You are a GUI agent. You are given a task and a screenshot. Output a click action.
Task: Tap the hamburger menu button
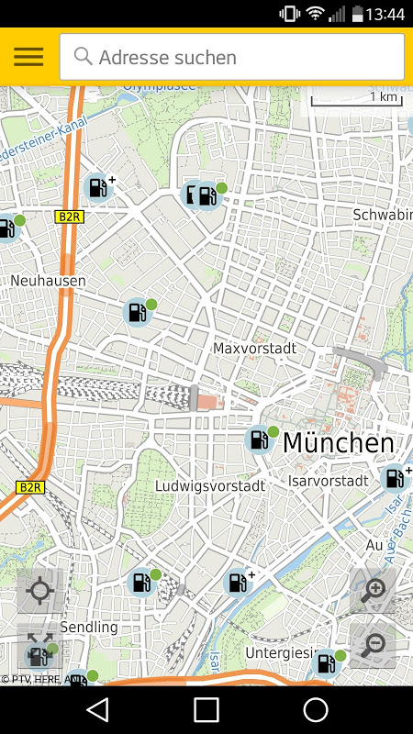point(28,57)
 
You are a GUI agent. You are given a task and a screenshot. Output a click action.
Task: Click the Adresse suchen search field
point(231,57)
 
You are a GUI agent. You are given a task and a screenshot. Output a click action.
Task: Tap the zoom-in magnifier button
point(373,591)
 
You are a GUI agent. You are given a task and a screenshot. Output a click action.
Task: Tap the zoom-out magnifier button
point(373,645)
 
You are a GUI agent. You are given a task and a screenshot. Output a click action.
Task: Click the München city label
point(338,443)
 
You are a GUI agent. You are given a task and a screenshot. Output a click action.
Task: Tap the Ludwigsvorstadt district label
point(210,484)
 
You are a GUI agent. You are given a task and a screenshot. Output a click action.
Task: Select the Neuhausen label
point(48,280)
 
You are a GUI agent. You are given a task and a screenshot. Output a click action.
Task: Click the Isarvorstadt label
point(328,480)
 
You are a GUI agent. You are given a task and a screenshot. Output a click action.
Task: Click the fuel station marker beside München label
point(260,440)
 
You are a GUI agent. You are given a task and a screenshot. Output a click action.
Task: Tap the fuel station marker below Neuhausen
point(137,312)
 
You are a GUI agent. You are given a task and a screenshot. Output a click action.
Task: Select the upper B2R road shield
point(69,217)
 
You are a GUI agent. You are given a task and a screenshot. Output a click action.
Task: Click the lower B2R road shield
point(31,486)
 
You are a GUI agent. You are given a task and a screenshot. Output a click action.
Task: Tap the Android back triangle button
point(97,709)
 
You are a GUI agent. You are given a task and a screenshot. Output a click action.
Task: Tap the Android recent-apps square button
point(206,709)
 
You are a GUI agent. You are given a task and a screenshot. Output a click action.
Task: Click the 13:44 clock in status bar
point(385,14)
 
